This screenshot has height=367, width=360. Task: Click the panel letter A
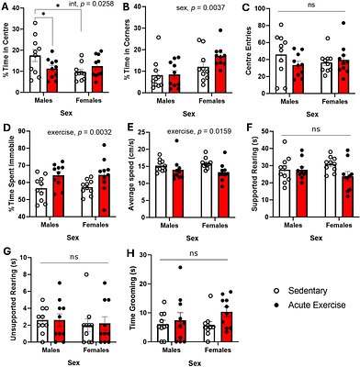(6, 6)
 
